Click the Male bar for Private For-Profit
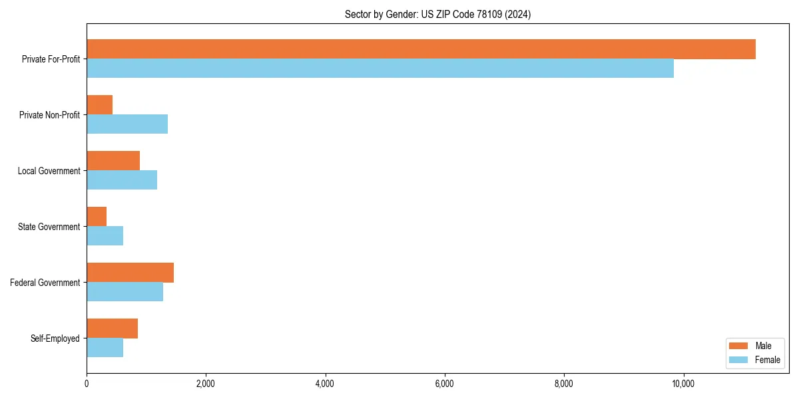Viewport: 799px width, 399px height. point(421,49)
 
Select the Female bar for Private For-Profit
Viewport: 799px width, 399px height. point(380,68)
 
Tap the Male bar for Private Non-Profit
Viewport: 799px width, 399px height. point(100,105)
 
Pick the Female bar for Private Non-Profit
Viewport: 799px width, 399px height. point(127,124)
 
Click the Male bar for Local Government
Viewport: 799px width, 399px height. point(113,161)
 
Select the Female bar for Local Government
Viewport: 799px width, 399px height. point(122,180)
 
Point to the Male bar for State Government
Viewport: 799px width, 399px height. point(97,217)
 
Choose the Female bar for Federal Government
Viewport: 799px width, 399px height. point(125,292)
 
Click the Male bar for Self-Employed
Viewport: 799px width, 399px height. point(112,329)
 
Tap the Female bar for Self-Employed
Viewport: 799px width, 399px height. point(105,348)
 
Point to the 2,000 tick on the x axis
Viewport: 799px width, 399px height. point(206,384)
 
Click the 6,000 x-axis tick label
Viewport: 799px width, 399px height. point(444,384)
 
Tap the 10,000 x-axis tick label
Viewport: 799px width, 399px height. point(683,384)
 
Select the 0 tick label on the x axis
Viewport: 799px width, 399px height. point(87,384)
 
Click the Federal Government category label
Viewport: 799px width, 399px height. point(45,283)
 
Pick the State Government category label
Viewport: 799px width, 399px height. point(49,227)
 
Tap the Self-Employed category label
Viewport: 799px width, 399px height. point(55,338)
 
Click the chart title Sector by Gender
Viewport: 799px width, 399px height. point(437,14)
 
